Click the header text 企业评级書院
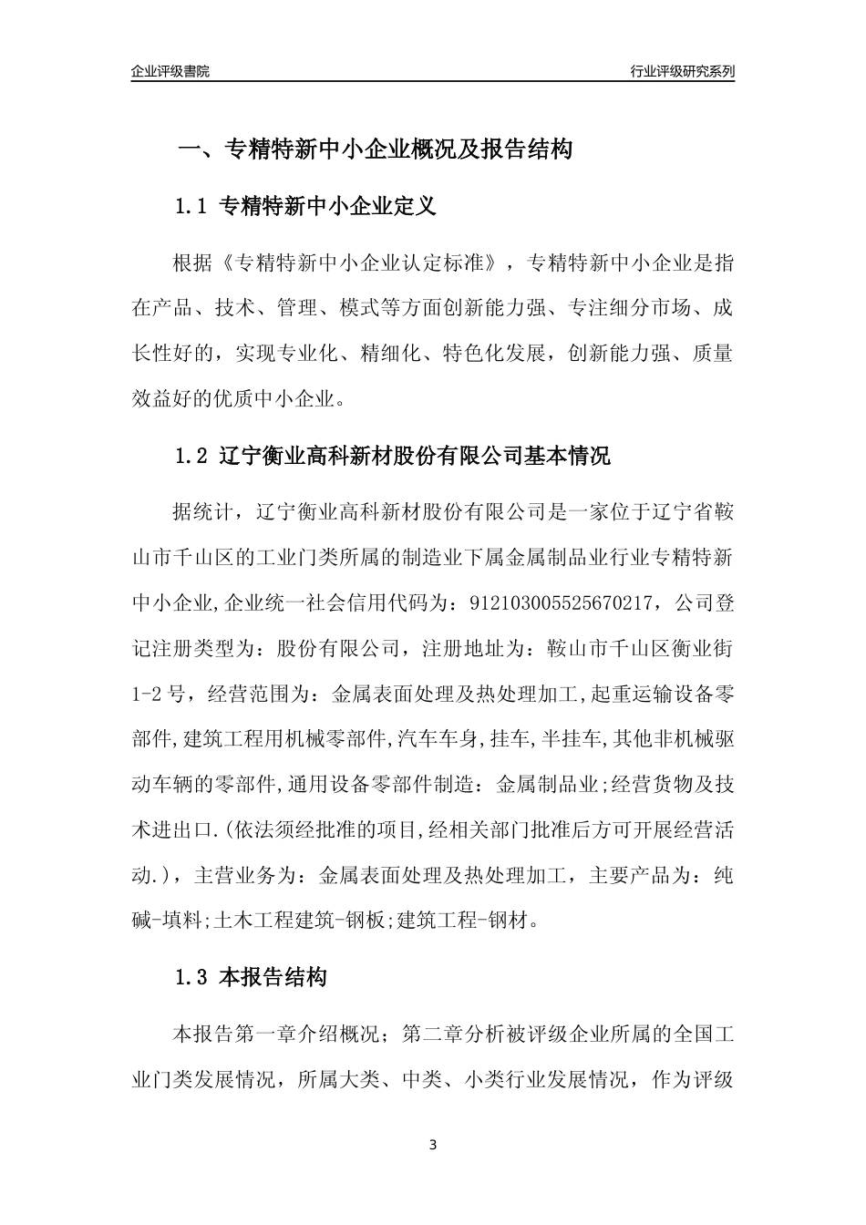coord(170,71)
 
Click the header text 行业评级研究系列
coord(682,71)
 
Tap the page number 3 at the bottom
coord(433,1144)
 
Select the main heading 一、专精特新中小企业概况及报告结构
coord(374,149)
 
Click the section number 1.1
coord(192,207)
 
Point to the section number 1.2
coord(192,456)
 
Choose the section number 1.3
coord(192,979)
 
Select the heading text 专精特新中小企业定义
coord(329,207)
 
